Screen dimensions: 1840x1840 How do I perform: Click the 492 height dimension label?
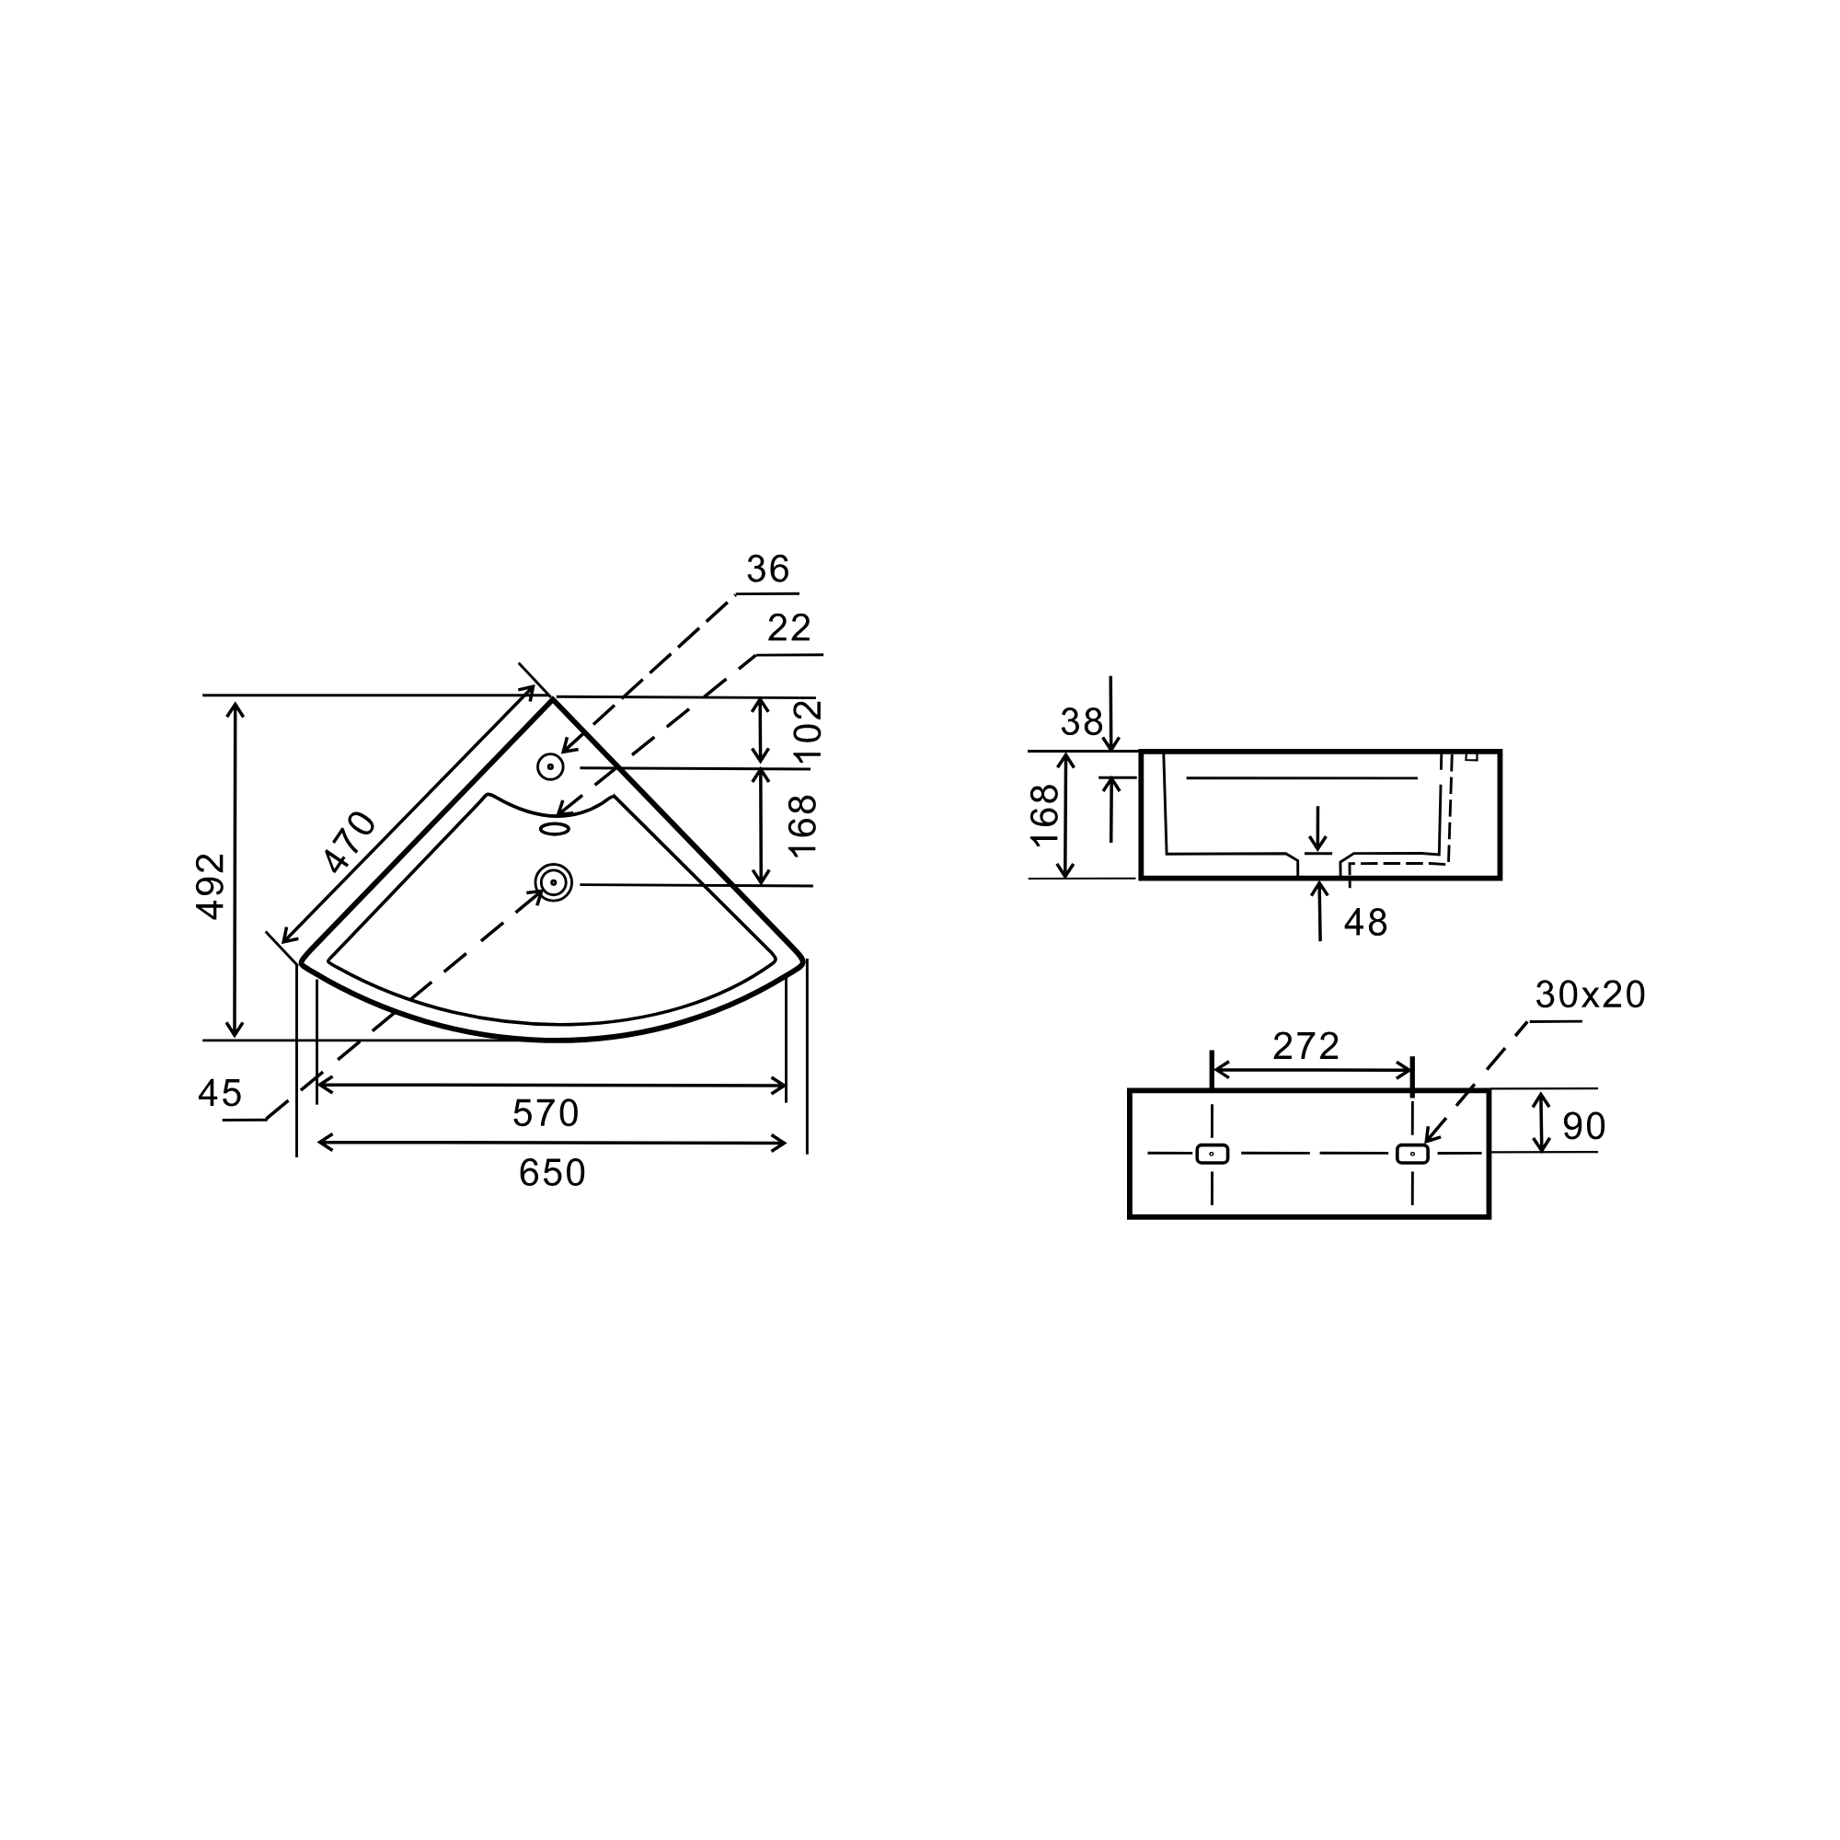click(211, 887)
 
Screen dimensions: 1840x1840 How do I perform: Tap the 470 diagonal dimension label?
click(351, 841)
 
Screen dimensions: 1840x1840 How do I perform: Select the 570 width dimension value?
click(546, 1113)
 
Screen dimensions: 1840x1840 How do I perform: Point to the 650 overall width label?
click(552, 1173)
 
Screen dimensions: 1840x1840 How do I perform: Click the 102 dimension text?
click(808, 730)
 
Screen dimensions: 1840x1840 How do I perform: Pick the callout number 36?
click(768, 569)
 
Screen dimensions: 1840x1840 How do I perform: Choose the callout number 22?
click(789, 627)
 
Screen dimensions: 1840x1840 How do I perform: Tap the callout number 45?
click(220, 1093)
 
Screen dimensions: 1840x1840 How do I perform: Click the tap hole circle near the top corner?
click(550, 766)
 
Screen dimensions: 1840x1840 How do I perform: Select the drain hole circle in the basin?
click(553, 882)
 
